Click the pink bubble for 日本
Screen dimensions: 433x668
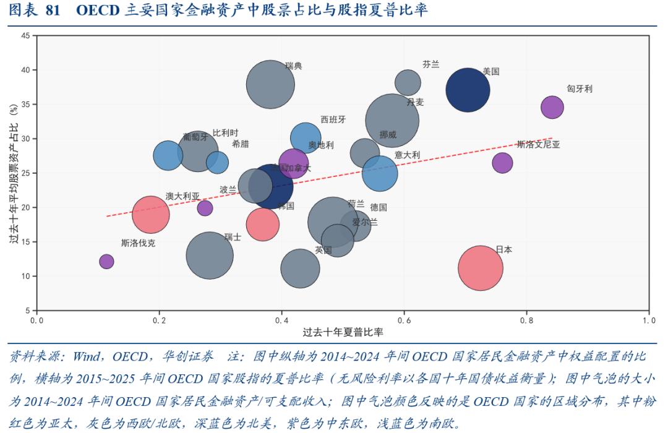point(480,268)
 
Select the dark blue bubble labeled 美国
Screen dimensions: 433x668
point(468,90)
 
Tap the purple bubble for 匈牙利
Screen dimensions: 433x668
point(552,107)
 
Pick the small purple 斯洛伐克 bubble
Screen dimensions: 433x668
point(106,261)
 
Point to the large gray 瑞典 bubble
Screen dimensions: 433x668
point(270,84)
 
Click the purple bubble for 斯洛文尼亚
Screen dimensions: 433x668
point(502,163)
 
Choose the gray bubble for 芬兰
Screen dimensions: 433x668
point(408,82)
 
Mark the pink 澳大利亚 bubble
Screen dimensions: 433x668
point(150,215)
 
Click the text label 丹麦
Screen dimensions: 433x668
point(415,102)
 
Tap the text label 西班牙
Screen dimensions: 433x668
point(333,119)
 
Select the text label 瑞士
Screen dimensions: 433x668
point(233,237)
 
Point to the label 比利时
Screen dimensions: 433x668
point(225,133)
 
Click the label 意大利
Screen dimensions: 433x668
point(407,155)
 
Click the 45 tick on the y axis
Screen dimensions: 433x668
point(25,36)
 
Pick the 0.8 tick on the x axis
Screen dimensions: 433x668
point(527,320)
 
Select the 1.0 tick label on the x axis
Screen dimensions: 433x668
point(649,320)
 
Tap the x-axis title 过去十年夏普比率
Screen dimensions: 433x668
point(343,332)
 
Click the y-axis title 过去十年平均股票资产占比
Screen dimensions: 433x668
point(13,173)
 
